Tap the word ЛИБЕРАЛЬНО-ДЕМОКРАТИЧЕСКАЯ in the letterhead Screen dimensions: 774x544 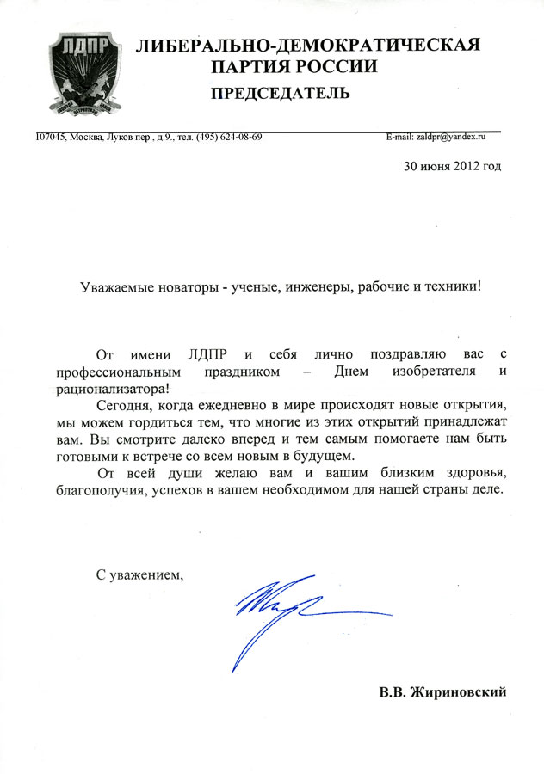pyautogui.click(x=308, y=46)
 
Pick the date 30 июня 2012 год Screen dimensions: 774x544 pyautogui.click(x=452, y=166)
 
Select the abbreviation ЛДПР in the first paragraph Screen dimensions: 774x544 pyautogui.click(x=209, y=355)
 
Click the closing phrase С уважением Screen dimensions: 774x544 pyautogui.click(x=139, y=573)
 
